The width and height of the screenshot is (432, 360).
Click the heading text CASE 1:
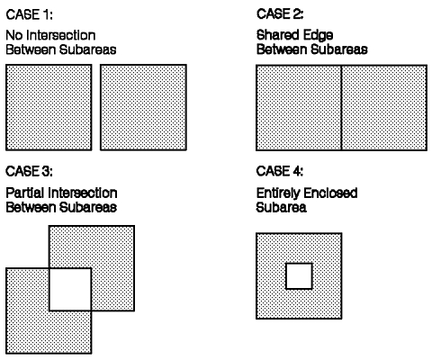(x=29, y=14)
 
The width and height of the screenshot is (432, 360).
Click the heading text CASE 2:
(x=280, y=14)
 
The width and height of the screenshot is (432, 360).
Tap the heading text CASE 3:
(x=29, y=171)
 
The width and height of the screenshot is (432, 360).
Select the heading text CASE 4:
(x=280, y=171)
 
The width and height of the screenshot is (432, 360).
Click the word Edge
(x=318, y=36)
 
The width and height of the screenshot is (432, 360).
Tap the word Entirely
(x=277, y=193)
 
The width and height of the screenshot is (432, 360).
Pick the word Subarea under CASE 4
(x=282, y=207)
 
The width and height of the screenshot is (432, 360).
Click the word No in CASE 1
(x=14, y=35)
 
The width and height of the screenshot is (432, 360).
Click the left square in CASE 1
(x=49, y=107)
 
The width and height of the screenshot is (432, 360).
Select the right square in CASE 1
(x=143, y=107)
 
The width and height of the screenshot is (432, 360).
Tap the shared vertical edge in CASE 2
(x=341, y=107)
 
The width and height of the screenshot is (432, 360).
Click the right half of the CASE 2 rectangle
(x=384, y=107)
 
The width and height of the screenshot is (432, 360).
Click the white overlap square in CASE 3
(x=70, y=290)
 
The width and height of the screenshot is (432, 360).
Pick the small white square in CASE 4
(x=299, y=276)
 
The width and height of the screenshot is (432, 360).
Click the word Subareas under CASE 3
(x=87, y=207)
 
